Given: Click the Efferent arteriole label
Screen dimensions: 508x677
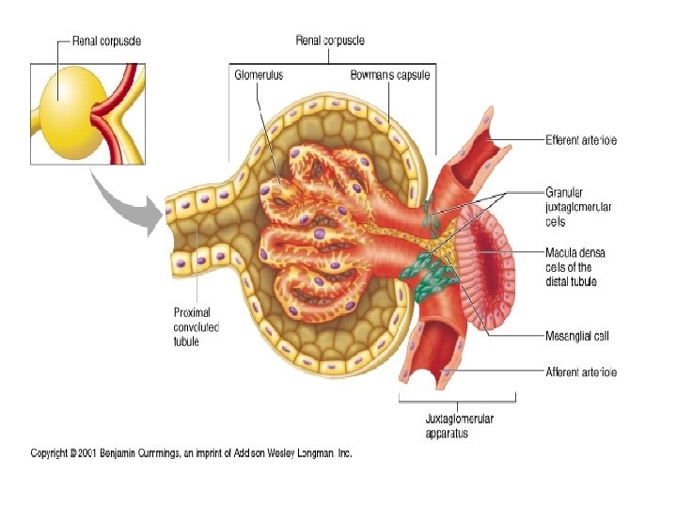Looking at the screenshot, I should [x=580, y=140].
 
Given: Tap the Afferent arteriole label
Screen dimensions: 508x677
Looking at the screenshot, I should [x=581, y=372].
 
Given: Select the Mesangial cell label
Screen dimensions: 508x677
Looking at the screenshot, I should [x=575, y=334].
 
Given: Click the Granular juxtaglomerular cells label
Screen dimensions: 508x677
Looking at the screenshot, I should [x=575, y=208].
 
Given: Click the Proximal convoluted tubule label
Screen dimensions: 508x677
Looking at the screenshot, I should [x=197, y=326].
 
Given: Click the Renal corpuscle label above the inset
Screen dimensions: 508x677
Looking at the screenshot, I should [x=111, y=42].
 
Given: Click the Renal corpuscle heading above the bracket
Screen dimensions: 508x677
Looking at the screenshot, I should [x=330, y=40].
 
